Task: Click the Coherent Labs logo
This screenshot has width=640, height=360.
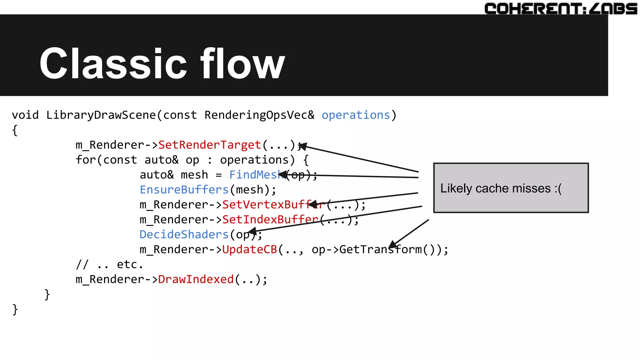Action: tap(561, 8)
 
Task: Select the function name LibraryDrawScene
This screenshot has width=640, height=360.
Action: tap(101, 115)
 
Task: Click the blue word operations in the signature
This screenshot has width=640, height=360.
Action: tap(356, 115)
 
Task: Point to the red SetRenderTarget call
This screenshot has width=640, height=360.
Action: tap(209, 145)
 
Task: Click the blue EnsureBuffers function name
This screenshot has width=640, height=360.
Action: tap(184, 190)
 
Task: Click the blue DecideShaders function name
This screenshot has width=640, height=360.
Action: tap(184, 234)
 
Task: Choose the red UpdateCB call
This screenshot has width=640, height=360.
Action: tap(249, 249)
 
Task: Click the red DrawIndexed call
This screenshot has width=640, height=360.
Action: tap(196, 279)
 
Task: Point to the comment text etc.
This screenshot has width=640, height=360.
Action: tap(129, 265)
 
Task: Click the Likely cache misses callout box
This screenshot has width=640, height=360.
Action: tap(511, 188)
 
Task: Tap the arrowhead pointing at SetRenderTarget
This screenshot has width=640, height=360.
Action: tap(302, 146)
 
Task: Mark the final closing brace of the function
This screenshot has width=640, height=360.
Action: tap(15, 309)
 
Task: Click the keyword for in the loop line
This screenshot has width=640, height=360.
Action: tap(86, 160)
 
